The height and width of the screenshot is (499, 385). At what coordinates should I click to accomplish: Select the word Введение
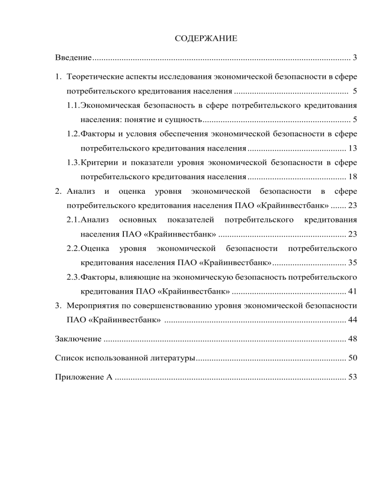pyautogui.click(x=73, y=59)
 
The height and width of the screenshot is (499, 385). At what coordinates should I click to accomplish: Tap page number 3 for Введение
pyautogui.click(x=354, y=59)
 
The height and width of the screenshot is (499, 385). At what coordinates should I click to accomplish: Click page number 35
pyautogui.click(x=352, y=263)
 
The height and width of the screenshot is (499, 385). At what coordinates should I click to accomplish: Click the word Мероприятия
pyautogui.click(x=96, y=306)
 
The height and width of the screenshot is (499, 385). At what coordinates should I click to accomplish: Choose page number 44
pyautogui.click(x=352, y=320)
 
